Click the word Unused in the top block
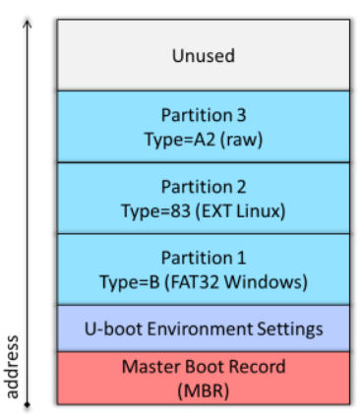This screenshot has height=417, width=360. [204, 55]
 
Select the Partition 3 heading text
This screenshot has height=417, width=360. [204, 115]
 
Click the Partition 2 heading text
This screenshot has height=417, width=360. [204, 186]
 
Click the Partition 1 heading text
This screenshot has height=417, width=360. [204, 258]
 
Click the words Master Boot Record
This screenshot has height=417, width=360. [204, 367]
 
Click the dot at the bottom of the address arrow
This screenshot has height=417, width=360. [28, 404]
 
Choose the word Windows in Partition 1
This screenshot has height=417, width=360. [271, 281]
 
